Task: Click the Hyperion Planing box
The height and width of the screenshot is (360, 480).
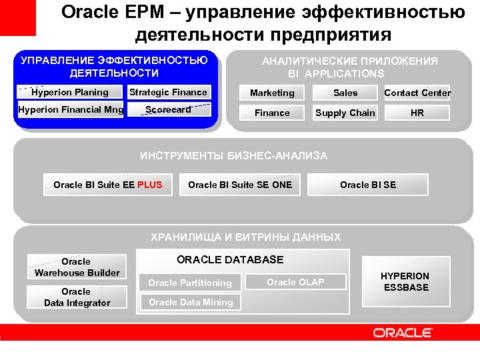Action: [x=70, y=92]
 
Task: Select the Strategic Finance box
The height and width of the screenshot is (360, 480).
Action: [x=169, y=92]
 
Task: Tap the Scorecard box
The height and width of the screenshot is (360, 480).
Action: [x=169, y=109]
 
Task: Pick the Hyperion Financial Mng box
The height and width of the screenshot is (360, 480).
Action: [x=71, y=109]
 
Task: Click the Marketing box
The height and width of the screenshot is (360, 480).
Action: [x=272, y=93]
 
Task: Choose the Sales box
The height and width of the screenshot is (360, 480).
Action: [x=345, y=93]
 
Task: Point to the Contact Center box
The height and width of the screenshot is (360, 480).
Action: [x=417, y=93]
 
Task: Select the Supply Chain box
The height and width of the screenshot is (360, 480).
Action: [x=345, y=113]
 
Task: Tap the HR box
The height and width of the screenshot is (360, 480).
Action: [x=417, y=113]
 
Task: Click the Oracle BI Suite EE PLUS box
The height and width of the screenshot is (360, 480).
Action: [x=107, y=185]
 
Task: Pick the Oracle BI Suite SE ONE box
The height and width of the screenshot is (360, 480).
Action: [x=240, y=185]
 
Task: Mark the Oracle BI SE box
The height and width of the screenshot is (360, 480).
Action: [x=368, y=185]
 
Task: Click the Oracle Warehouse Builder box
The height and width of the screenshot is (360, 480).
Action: [x=77, y=267]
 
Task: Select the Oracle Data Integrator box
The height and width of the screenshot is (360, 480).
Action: [x=77, y=297]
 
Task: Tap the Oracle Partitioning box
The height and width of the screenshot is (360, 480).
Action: [x=190, y=283]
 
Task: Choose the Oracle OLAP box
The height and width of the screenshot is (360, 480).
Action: [x=295, y=282]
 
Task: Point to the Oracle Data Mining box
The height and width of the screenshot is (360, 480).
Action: [x=191, y=302]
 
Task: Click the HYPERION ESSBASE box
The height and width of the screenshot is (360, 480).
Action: [x=405, y=281]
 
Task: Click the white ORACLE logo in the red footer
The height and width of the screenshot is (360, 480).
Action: [x=403, y=332]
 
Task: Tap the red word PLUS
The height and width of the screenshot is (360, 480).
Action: [x=149, y=185]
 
